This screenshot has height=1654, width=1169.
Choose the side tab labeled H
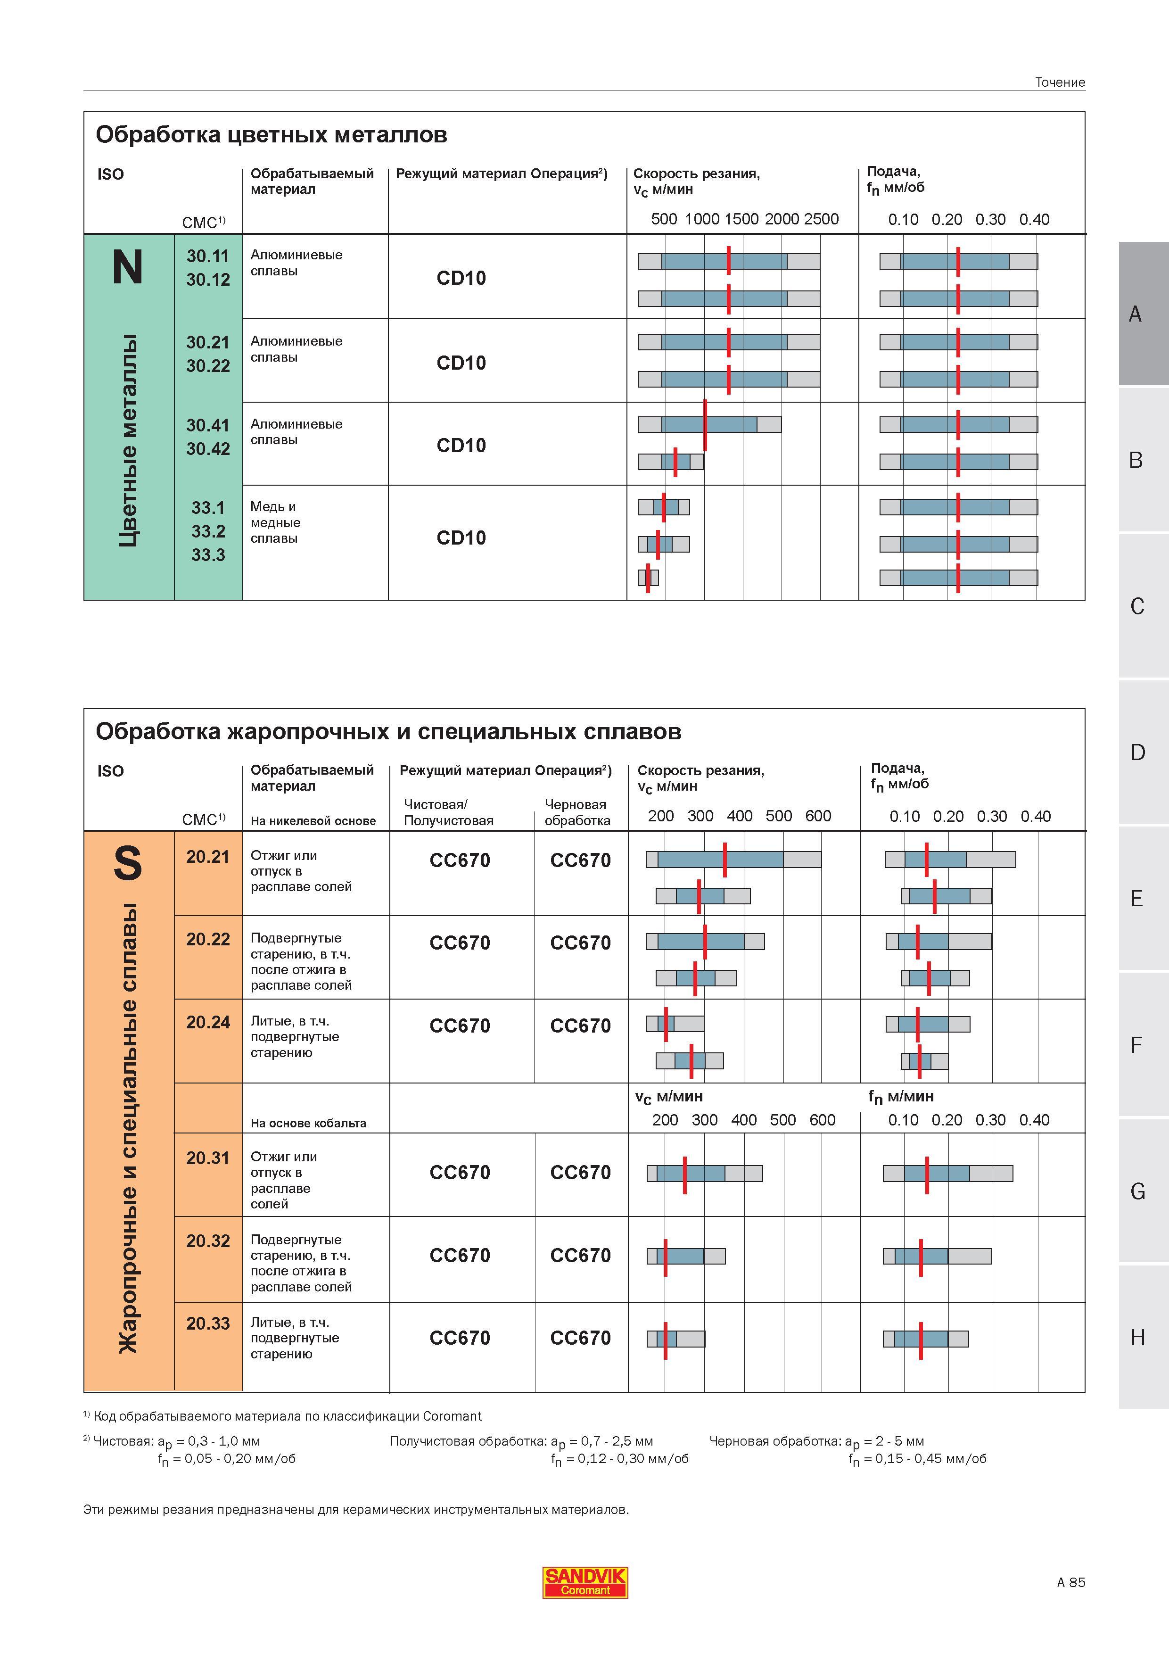pos(1137,1338)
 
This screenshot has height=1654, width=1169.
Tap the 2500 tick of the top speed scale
pos(821,219)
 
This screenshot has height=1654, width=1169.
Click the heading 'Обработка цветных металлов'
pos(272,135)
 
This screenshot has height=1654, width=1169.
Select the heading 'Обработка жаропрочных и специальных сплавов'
pos(388,732)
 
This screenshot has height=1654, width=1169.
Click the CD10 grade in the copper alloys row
pos(461,538)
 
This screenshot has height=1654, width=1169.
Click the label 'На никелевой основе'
pos(313,820)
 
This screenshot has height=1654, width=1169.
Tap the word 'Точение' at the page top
pos(1060,82)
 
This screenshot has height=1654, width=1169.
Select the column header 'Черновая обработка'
pos(577,812)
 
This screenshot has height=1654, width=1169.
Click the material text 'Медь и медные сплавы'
pos(276,522)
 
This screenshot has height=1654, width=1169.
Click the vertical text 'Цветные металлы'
pos(128,440)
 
